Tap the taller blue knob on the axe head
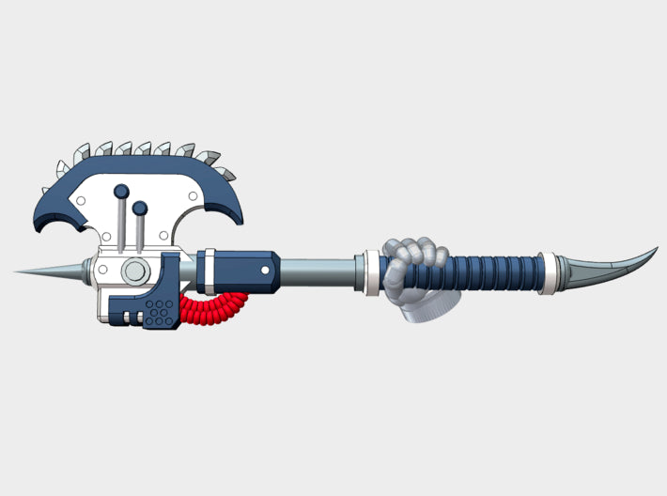pos(121,192)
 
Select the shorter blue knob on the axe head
pos(140,208)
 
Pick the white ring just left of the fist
pos(372,271)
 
